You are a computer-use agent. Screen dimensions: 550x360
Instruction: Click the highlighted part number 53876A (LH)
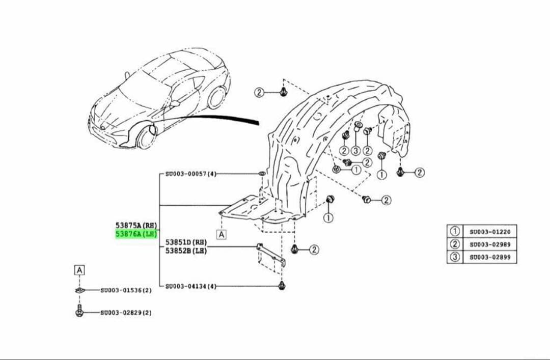136,234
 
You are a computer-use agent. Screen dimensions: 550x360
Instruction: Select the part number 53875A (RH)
136,225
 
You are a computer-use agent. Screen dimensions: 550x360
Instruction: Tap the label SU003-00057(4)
191,174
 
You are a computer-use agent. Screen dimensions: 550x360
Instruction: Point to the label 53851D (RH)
186,242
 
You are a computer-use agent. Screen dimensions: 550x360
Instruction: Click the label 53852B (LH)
186,251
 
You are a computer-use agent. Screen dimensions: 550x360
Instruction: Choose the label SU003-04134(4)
191,286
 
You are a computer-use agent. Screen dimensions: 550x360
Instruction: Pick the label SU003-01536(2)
126,290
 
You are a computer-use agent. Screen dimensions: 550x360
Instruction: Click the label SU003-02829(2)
126,312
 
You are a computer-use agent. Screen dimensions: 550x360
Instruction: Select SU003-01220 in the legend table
490,232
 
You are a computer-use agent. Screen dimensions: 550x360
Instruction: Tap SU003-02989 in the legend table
490,244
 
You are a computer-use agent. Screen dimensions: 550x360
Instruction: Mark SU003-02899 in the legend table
490,257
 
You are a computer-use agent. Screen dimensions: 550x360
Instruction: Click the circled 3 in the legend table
455,257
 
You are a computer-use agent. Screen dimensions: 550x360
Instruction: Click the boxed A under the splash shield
222,234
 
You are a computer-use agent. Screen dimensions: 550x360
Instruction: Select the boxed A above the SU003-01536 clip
79,270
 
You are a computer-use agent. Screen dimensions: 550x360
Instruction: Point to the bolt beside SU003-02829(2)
79,311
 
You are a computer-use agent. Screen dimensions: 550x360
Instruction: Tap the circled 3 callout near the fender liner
355,151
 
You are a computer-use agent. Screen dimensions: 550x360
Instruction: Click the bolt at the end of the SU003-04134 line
281,286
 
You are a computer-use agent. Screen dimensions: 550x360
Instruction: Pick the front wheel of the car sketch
146,137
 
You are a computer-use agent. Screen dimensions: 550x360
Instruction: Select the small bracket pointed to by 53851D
271,255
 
